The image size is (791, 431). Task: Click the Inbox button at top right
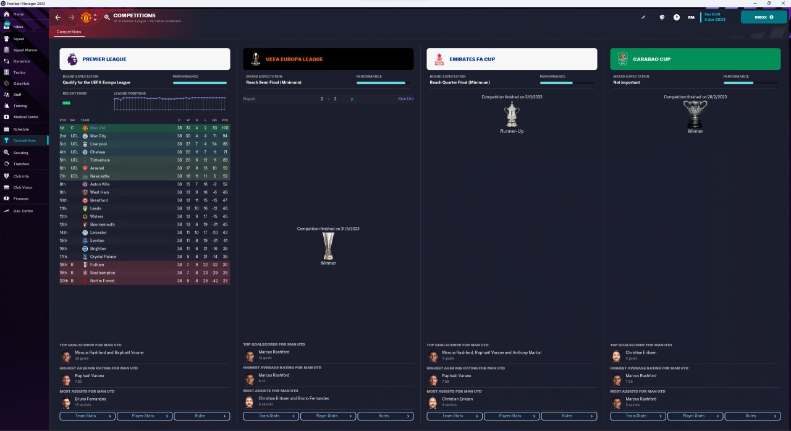click(x=763, y=17)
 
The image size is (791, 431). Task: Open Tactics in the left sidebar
click(x=19, y=72)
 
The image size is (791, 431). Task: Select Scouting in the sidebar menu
click(x=20, y=152)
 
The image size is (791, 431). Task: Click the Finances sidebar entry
click(x=20, y=198)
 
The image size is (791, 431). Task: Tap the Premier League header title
click(x=104, y=59)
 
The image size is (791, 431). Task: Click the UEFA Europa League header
click(x=294, y=59)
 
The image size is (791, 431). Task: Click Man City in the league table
click(x=98, y=136)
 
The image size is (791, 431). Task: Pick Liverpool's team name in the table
click(x=98, y=144)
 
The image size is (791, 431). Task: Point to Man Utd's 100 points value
click(x=224, y=128)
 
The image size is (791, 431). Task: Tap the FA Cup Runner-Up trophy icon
click(x=511, y=114)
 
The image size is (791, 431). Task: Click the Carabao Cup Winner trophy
click(x=695, y=114)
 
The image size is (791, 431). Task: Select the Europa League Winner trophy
click(x=328, y=246)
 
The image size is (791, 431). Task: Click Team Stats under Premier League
click(x=87, y=416)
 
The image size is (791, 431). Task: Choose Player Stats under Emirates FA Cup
click(x=512, y=416)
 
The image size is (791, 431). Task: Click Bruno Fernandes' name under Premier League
click(x=91, y=399)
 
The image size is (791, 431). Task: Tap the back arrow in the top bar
click(x=58, y=17)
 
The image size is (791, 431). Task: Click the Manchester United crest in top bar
click(x=86, y=17)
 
